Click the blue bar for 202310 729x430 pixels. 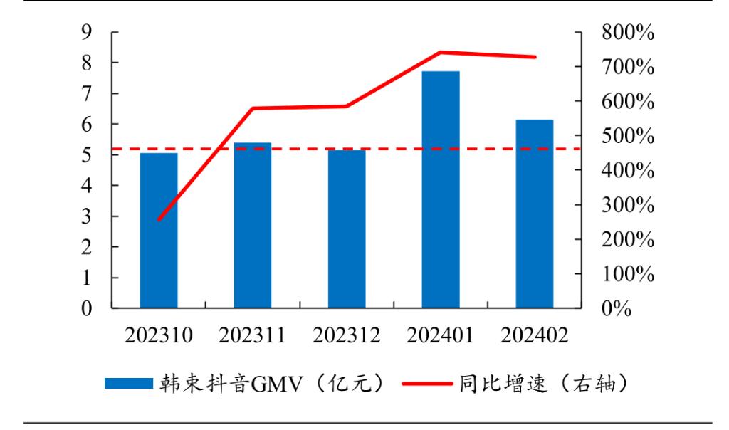pos(159,231)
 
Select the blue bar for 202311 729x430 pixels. pos(253,226)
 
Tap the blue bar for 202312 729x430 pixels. pos(347,229)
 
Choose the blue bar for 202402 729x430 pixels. pos(535,214)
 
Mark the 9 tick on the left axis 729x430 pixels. pos(87,33)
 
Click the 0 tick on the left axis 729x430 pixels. pos(87,309)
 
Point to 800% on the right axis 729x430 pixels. pos(626,33)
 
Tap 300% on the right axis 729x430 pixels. pos(626,206)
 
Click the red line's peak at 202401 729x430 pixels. pos(441,52)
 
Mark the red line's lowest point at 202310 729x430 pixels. pos(159,220)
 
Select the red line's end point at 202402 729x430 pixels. pos(535,57)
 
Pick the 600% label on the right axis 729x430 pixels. pos(626,102)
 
